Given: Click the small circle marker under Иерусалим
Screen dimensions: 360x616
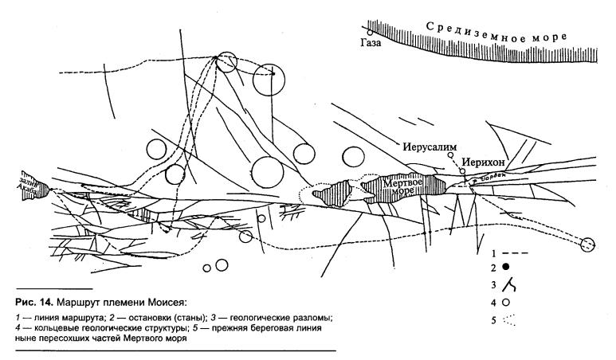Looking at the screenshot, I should coord(452,157).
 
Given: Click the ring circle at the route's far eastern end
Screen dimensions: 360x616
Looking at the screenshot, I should coord(588,245).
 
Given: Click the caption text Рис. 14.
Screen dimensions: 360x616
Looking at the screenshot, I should coord(36,301).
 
